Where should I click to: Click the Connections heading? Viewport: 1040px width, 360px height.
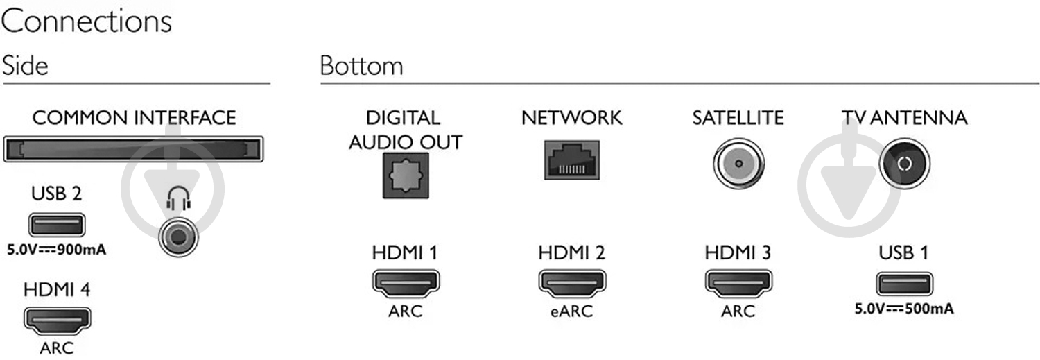[86, 22]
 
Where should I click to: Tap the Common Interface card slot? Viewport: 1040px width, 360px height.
[134, 149]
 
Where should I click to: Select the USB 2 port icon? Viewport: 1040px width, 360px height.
[57, 225]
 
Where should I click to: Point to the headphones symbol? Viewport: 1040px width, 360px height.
[177, 201]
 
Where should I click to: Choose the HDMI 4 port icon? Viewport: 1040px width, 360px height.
[57, 320]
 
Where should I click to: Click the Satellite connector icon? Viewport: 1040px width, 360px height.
[738, 165]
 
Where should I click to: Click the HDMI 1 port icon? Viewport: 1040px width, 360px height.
[406, 282]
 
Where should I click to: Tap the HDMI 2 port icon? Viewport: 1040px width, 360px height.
[571, 282]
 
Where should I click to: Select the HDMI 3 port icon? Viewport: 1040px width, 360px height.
[738, 282]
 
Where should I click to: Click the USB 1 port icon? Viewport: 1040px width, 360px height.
[904, 284]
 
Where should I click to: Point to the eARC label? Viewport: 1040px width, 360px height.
[571, 311]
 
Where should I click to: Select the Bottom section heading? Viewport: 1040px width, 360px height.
[361, 66]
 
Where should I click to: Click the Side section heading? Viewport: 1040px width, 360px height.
[25, 66]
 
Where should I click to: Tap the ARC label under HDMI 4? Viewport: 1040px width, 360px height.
[57, 348]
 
